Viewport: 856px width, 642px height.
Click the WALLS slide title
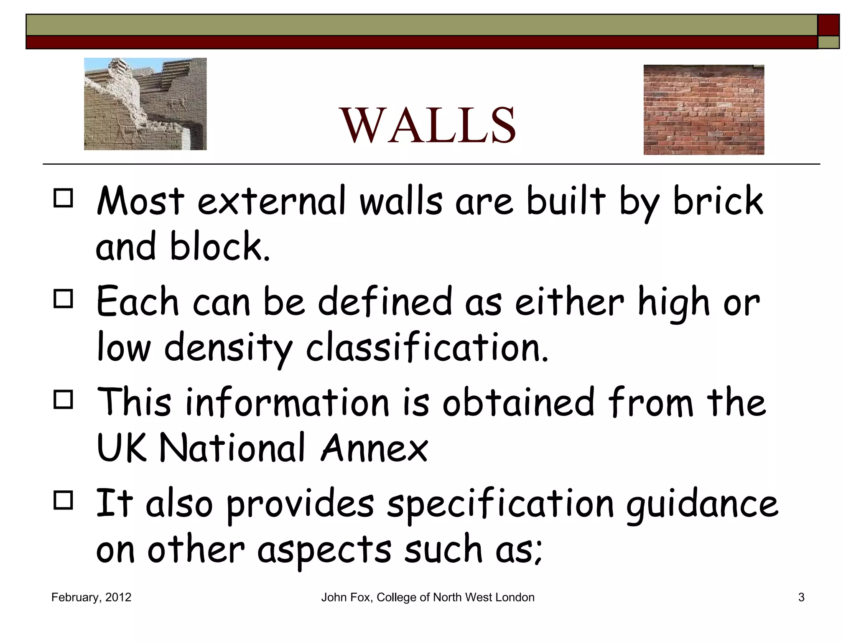pyautogui.click(x=429, y=125)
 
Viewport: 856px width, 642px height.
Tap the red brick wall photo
pyautogui.click(x=703, y=110)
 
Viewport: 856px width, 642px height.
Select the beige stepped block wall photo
pyautogui.click(x=145, y=104)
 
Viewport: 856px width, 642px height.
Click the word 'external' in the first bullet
pyautogui.click(x=272, y=201)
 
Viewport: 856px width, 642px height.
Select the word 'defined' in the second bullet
pyautogui.click(x=385, y=302)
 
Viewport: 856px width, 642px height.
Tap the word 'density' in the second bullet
pyautogui.click(x=228, y=348)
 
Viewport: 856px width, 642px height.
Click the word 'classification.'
pyautogui.click(x=427, y=347)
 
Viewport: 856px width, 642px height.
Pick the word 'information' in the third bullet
pyautogui.click(x=287, y=403)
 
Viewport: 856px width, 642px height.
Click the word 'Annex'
pyautogui.click(x=374, y=448)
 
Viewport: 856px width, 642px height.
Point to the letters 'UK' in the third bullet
pyautogui.click(x=122, y=448)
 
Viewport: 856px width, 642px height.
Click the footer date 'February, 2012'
pyautogui.click(x=91, y=597)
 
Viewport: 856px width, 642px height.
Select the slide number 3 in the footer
pyautogui.click(x=801, y=597)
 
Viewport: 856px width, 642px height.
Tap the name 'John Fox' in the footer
pyautogui.click(x=346, y=597)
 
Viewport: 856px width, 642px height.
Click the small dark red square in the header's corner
pyautogui.click(x=828, y=25)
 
